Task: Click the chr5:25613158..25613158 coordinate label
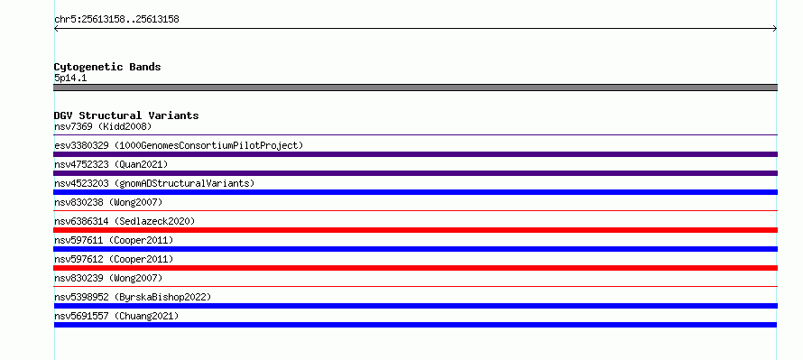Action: coord(116,20)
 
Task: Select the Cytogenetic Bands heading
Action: coord(107,67)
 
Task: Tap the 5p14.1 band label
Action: coord(70,78)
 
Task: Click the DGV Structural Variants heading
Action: coord(126,115)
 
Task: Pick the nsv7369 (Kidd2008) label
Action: coord(103,126)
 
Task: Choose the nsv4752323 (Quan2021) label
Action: coord(111,164)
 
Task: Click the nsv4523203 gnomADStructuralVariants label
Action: coord(154,183)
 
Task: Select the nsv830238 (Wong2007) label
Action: coord(108,202)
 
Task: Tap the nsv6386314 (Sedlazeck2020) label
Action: coord(125,221)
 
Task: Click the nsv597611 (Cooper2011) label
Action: coord(114,240)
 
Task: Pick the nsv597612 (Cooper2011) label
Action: coord(114,259)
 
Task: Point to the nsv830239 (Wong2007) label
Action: coord(108,278)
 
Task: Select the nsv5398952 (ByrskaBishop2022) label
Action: coord(133,297)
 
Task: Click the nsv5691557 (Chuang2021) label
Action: coord(116,316)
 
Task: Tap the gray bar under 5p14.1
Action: coord(415,88)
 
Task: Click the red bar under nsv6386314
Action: coord(415,230)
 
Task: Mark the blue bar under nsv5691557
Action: coord(415,325)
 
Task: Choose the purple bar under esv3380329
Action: coord(415,154)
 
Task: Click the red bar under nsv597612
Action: coord(415,268)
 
